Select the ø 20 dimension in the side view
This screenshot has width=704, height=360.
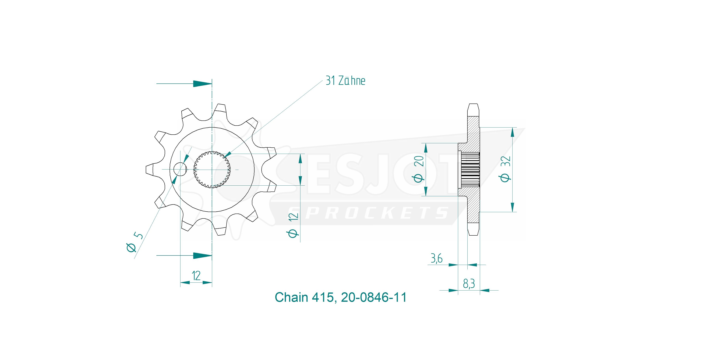pos(419,169)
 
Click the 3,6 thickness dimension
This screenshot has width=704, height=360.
pos(437,258)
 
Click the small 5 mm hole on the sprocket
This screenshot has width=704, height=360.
pos(180,169)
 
